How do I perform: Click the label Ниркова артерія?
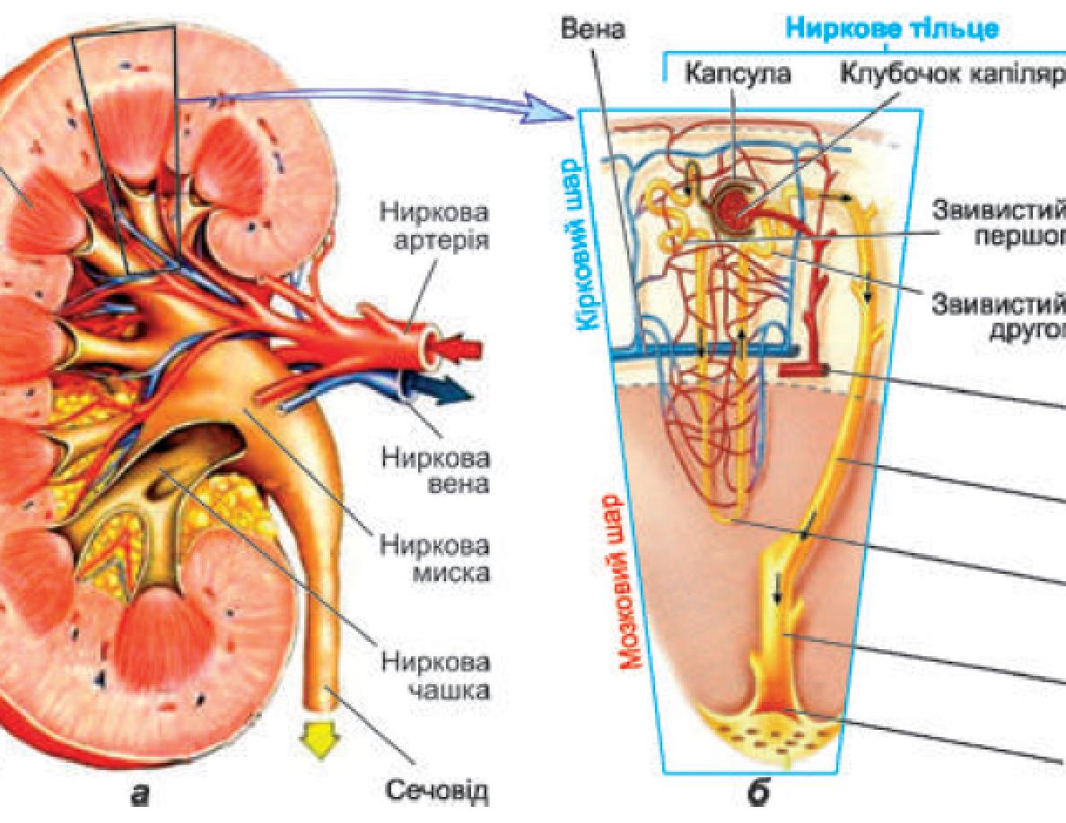click(x=435, y=228)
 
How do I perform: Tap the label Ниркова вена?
click(x=435, y=471)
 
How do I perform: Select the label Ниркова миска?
click(x=435, y=559)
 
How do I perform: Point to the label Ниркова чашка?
click(x=435, y=676)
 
